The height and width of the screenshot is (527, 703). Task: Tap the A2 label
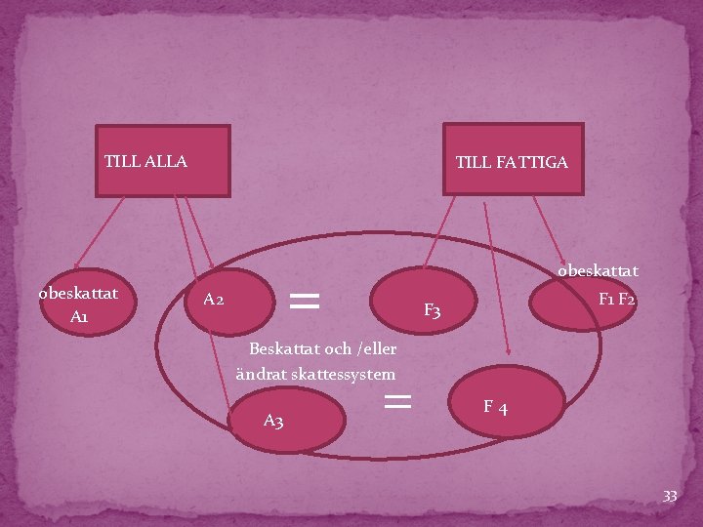pos(214,299)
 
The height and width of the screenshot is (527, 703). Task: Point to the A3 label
pos(273,421)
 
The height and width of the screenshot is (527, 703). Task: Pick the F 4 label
pos(495,406)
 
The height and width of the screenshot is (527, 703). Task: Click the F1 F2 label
pos(617,299)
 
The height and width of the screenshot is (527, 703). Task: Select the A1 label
pos(79,317)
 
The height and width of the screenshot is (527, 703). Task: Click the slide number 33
pos(670,497)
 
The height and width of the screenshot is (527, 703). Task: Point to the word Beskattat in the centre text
pos(285,348)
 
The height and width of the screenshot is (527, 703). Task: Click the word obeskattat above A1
pos(78,293)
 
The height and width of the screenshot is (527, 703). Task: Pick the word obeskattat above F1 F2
pos(598,270)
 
